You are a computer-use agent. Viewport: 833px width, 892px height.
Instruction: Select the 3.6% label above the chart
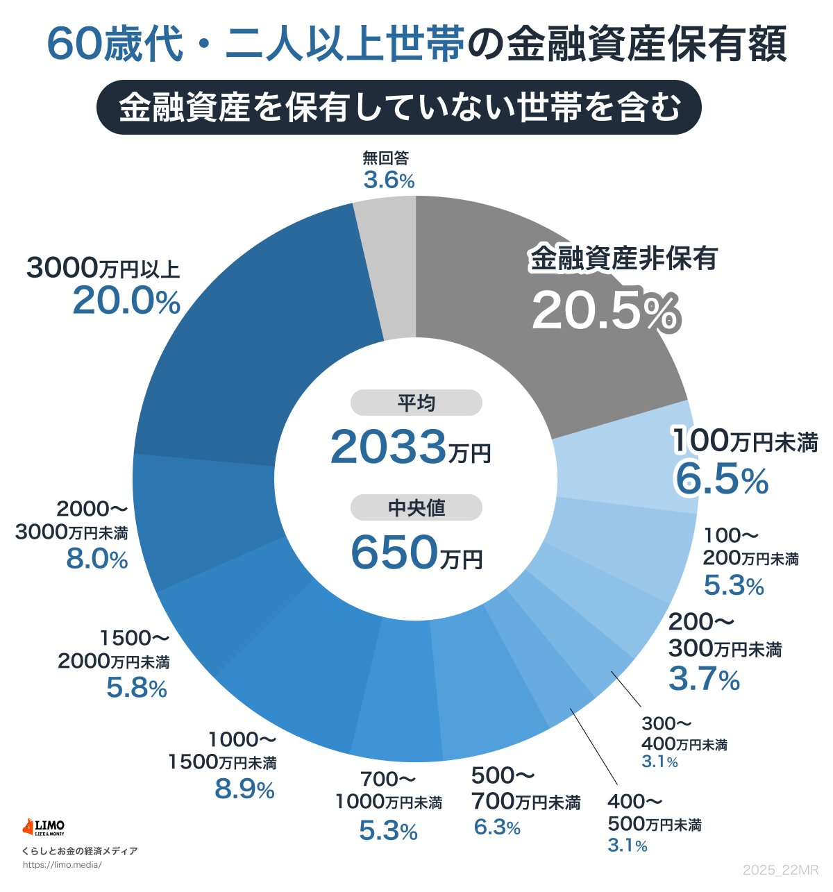tap(389, 181)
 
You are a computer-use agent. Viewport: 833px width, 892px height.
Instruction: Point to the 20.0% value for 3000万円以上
tap(126, 302)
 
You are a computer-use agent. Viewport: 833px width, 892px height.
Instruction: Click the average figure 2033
tap(387, 448)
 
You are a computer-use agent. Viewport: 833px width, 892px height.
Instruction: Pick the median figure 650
tap(394, 553)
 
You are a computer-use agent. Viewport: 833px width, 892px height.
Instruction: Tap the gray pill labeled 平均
tap(416, 403)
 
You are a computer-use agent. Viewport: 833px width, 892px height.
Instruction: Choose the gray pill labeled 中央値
tap(416, 507)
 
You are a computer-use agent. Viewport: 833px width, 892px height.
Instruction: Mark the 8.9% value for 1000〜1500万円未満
tap(244, 789)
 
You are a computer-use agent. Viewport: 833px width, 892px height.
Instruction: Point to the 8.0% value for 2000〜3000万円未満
tap(97, 559)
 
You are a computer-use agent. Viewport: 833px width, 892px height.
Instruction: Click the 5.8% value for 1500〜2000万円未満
tap(137, 688)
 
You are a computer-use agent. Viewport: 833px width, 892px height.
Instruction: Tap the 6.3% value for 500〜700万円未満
tap(497, 827)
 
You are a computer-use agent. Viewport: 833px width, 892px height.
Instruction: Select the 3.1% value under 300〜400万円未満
tap(659, 762)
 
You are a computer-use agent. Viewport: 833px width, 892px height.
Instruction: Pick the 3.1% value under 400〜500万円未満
tap(628, 845)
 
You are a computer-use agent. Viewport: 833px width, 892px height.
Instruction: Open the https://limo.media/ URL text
tap(62, 865)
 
